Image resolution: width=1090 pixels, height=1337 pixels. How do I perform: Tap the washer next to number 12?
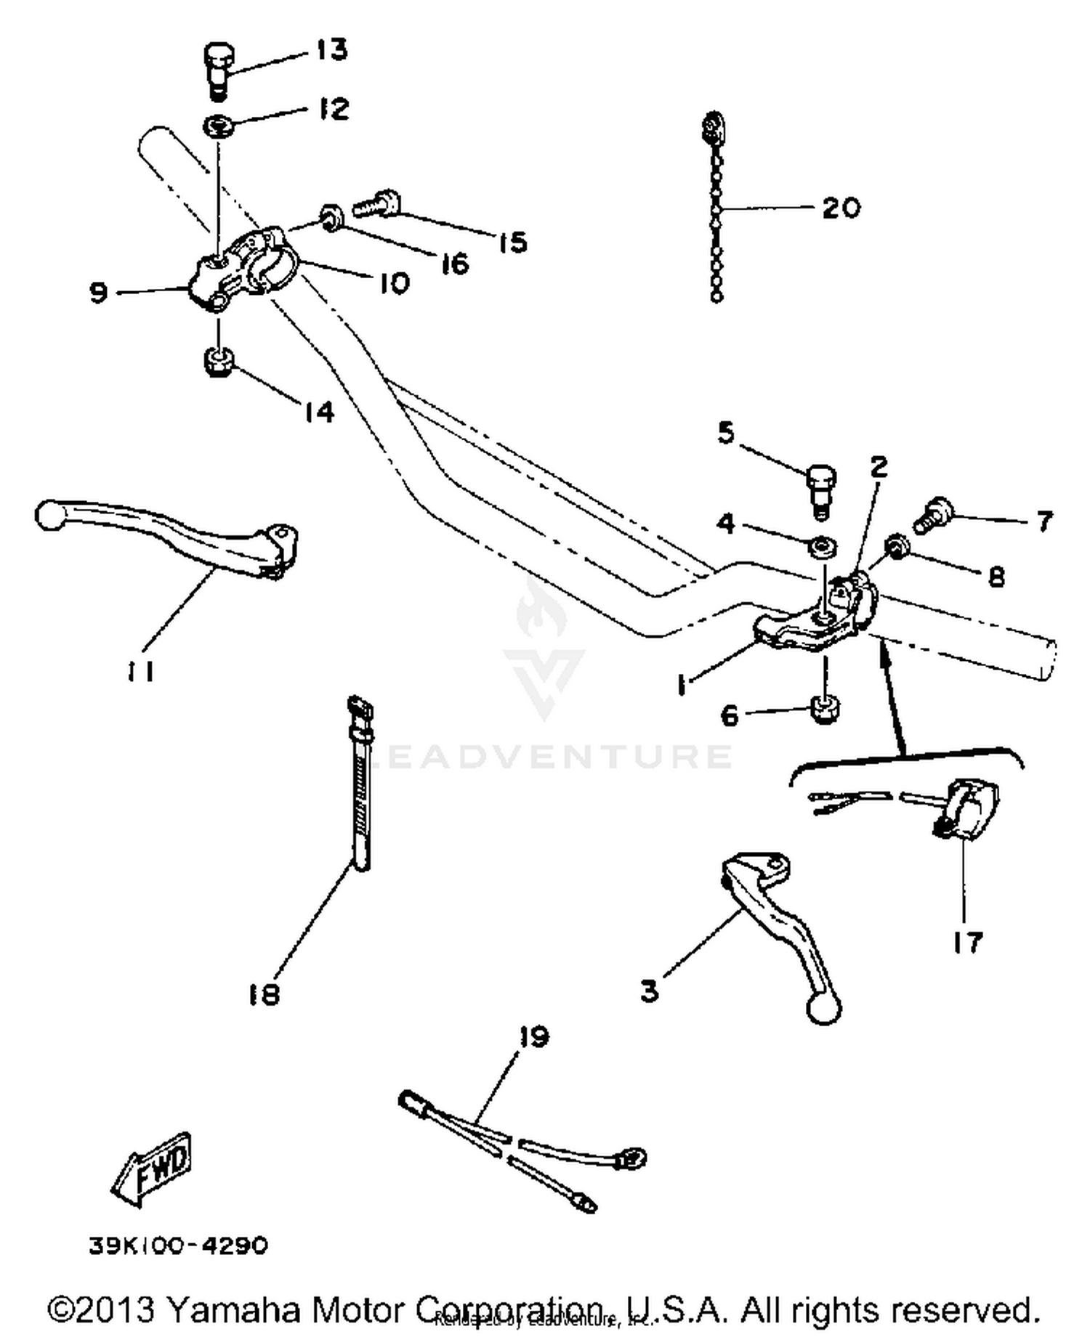pyautogui.click(x=217, y=126)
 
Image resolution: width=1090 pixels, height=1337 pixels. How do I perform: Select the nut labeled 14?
pyautogui.click(x=217, y=361)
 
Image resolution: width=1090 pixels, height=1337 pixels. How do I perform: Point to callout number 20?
pyautogui.click(x=841, y=208)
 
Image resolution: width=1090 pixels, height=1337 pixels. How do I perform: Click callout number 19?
pyautogui.click(x=534, y=1036)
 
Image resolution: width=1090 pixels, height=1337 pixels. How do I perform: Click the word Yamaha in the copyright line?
pyautogui.click(x=233, y=1310)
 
